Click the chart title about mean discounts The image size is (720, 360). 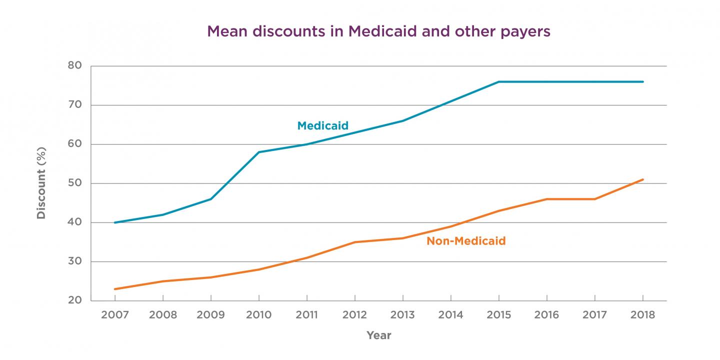coord(378,31)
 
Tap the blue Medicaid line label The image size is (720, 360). coord(322,126)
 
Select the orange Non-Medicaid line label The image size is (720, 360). coord(466,241)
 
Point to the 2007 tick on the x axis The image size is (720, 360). coord(115,315)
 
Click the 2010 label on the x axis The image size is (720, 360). coord(259,315)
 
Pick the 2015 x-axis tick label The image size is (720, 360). coord(498,315)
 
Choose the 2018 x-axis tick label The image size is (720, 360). coord(642,315)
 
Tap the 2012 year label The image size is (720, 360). coord(354,315)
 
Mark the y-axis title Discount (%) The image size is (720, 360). coord(41,183)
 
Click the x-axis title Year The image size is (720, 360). coord(378,335)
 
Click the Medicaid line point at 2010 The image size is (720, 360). coord(259,152)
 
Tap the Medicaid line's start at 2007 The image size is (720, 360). coord(115,222)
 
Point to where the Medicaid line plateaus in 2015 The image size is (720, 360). coord(498,82)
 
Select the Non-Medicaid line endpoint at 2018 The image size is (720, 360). coord(642,179)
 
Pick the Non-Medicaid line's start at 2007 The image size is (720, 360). coord(115,289)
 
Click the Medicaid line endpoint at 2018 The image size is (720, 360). coord(642,82)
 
